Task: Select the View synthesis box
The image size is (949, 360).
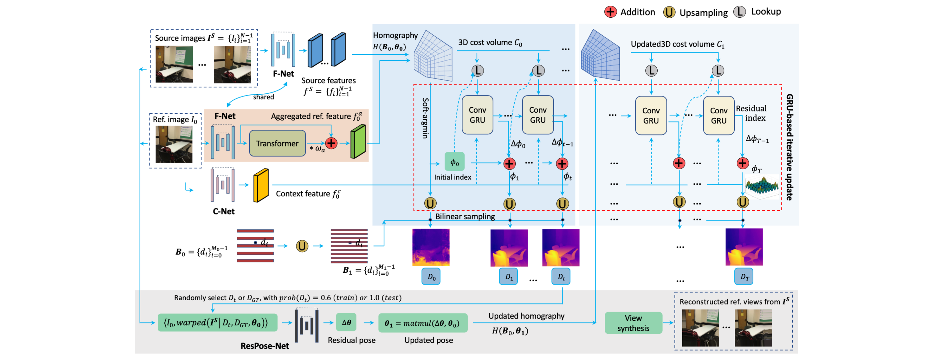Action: [633, 323]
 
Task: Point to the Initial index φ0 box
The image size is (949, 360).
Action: [455, 162]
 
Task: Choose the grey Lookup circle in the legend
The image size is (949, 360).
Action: [739, 12]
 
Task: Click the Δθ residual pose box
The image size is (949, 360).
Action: [346, 323]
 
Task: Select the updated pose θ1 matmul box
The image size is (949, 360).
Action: [423, 323]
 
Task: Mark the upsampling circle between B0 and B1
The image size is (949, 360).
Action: [302, 246]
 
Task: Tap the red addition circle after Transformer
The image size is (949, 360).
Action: [331, 143]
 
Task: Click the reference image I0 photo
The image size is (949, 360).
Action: [174, 144]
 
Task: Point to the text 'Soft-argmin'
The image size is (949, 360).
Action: [425, 118]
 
